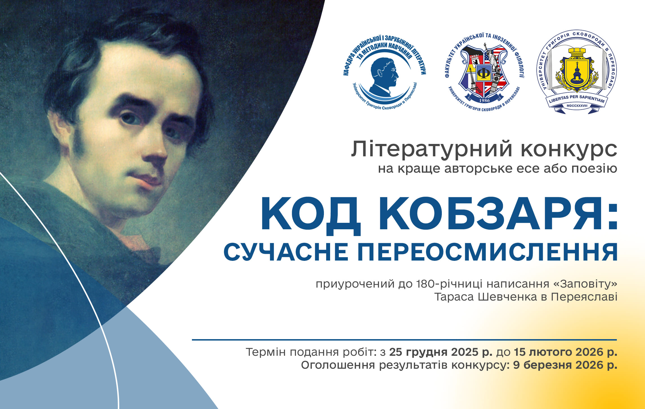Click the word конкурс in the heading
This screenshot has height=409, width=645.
click(569, 150)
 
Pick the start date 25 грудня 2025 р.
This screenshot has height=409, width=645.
click(441, 352)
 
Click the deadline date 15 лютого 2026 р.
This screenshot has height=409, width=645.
click(566, 352)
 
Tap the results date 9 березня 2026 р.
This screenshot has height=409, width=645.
click(565, 365)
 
